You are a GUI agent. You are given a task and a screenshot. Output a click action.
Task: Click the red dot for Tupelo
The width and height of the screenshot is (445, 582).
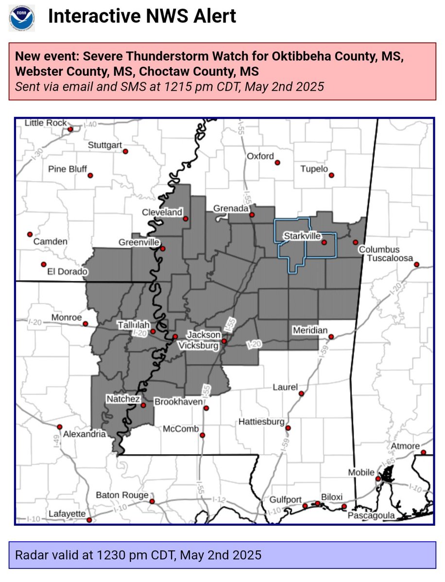332,175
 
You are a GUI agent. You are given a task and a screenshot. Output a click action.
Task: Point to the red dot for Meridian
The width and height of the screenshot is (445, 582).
331,337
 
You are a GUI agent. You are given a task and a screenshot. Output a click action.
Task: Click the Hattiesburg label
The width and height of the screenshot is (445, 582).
261,422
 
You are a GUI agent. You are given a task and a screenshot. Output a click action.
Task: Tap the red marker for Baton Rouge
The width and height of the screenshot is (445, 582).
152,501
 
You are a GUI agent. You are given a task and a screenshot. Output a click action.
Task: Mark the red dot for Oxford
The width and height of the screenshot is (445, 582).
277,163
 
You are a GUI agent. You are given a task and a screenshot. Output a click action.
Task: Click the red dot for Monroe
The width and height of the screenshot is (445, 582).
85,323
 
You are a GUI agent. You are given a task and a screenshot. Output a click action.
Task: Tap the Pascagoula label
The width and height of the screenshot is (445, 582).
372,516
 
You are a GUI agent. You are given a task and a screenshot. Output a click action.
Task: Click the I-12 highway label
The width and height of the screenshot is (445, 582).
220,499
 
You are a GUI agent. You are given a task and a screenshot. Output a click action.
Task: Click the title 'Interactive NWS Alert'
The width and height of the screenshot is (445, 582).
142,16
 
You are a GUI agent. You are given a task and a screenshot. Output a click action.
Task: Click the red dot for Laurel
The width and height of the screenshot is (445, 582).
301,393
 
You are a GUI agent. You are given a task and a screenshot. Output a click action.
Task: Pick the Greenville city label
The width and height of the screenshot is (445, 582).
139,242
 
